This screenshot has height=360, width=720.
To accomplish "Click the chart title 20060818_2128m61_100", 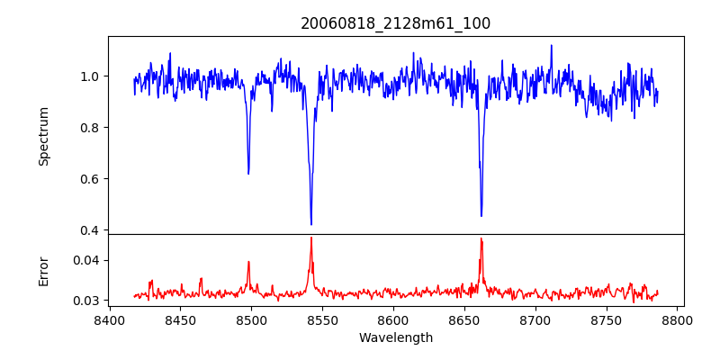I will pyautogui.click(x=396, y=23).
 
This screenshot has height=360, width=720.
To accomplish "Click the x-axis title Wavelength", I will pyautogui.click(x=396, y=338).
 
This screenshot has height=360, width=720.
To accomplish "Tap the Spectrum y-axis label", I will pyautogui.click(x=43, y=136).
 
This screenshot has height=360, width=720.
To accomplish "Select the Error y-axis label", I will pyautogui.click(x=43, y=271).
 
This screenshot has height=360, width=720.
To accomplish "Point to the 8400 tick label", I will pyautogui.click(x=109, y=319).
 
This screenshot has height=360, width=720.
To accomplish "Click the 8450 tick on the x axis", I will pyautogui.click(x=180, y=319).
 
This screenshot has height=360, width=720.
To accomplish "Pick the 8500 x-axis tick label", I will pyautogui.click(x=251, y=319).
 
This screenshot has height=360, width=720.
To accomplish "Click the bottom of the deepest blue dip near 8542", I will pyautogui.click(x=311, y=224).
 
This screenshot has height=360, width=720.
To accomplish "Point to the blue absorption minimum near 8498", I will pyautogui.click(x=248, y=173).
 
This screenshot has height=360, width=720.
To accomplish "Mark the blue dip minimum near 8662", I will pyautogui.click(x=481, y=215).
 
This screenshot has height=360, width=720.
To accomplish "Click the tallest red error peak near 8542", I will pyautogui.click(x=311, y=238).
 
